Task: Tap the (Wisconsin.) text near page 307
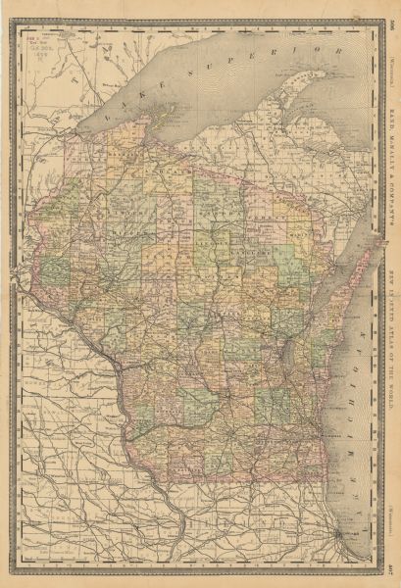click(x=390, y=514)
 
